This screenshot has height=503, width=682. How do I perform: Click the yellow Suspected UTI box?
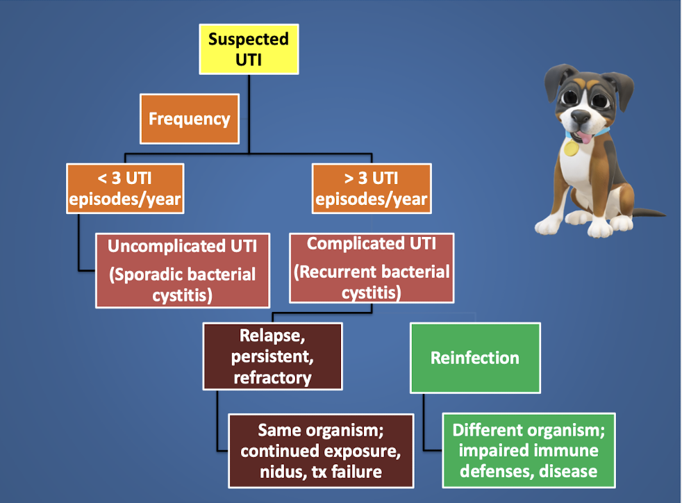[x=249, y=49]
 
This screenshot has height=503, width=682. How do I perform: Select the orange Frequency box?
[x=189, y=119]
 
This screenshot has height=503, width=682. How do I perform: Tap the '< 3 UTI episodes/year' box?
[x=125, y=189]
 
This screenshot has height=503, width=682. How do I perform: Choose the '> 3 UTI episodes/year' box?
[x=371, y=189]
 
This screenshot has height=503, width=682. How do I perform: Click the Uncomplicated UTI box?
[x=183, y=270]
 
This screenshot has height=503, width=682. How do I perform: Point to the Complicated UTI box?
[x=372, y=268]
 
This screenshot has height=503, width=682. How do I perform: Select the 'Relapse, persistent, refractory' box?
[x=272, y=356]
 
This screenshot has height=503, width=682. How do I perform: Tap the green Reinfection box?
[x=475, y=358]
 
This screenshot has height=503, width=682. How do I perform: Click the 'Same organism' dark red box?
[x=321, y=451]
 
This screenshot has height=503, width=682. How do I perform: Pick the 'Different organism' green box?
[x=529, y=450]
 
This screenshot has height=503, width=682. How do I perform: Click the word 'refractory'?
[x=272, y=378]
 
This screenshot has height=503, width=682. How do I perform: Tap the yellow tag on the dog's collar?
[x=571, y=148]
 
